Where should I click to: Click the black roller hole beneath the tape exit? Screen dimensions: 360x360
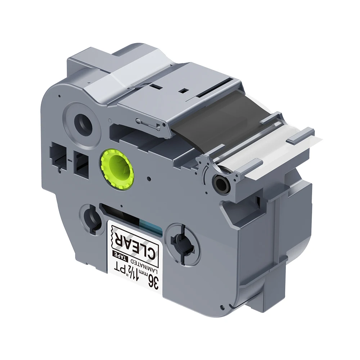pos(221,181)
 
